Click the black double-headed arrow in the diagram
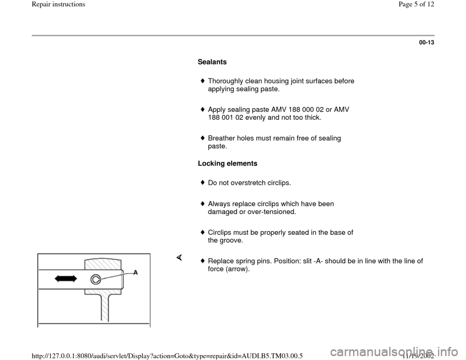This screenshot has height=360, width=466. pos(66,278)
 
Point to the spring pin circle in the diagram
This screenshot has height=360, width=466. pos(96,279)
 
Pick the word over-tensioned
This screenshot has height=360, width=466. pos(269,212)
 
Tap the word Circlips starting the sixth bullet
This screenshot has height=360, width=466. pos(221,232)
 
